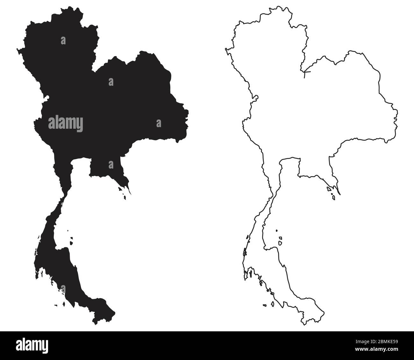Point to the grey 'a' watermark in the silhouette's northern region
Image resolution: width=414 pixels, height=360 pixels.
(x=63, y=40)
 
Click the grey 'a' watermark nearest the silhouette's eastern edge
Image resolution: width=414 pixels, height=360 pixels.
(x=158, y=123)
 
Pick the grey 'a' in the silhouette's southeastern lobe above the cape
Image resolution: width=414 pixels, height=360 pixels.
(x=111, y=164)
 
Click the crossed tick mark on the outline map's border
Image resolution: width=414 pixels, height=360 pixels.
(x=305, y=74)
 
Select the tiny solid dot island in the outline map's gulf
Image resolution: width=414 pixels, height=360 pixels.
(x=277, y=230)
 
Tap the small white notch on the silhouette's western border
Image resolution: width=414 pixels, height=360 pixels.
(x=47, y=97)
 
